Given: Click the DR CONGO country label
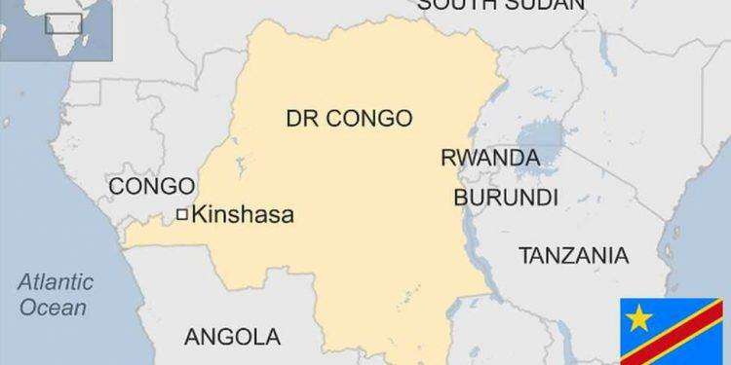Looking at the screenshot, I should click(x=348, y=119).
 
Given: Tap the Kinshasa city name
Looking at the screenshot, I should click(x=244, y=215).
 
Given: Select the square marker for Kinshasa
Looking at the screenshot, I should click(x=182, y=215).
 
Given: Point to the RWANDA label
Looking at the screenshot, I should click(x=490, y=158).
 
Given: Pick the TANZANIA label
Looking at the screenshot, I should click(x=573, y=256).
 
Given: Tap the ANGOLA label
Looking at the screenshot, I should click(x=232, y=337).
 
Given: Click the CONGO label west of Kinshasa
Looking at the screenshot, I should click(x=146, y=185).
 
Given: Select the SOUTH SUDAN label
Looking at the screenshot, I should click(x=501, y=5).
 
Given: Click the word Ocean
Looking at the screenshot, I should click(x=58, y=308).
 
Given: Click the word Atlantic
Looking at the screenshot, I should click(x=58, y=283).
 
